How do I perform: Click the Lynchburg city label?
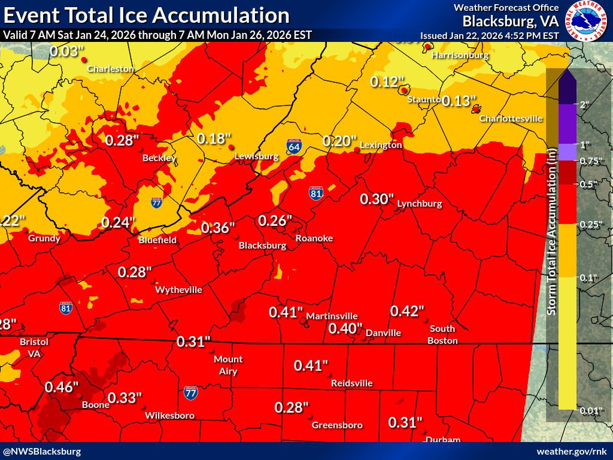coord(419,204)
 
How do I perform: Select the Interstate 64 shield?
coord(294,146)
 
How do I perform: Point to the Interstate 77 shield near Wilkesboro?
coord(191,393)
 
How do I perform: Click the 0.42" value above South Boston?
coord(407,311)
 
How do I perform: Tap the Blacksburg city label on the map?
coord(262,246)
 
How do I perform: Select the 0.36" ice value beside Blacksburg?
coord(218,228)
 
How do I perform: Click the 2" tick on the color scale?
coord(584,104)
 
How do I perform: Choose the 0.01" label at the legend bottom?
coord(590,410)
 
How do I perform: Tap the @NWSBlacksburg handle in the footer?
coord(42,451)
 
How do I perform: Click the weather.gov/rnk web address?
coord(571,451)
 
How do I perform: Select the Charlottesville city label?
coord(511,119)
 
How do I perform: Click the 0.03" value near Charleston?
coord(66,52)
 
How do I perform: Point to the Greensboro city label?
coord(337,425)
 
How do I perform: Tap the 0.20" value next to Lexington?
coord(339,141)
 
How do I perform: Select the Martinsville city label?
coord(332,316)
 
